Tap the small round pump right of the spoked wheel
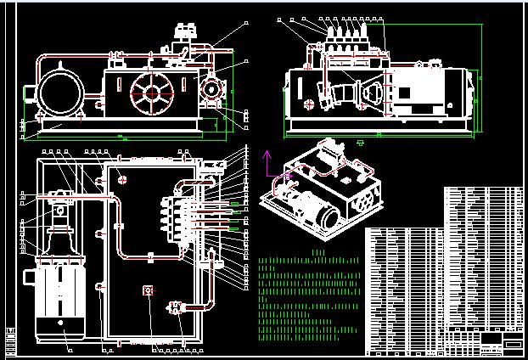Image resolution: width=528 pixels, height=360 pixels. [211, 89]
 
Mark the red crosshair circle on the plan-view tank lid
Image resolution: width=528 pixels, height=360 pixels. [123, 179]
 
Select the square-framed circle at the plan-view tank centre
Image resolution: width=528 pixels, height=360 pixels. [148, 290]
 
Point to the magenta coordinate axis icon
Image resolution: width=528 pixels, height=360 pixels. [270, 166]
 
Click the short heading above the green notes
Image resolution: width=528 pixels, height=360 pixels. [319, 252]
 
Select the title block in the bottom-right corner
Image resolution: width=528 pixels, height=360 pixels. [501, 342]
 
